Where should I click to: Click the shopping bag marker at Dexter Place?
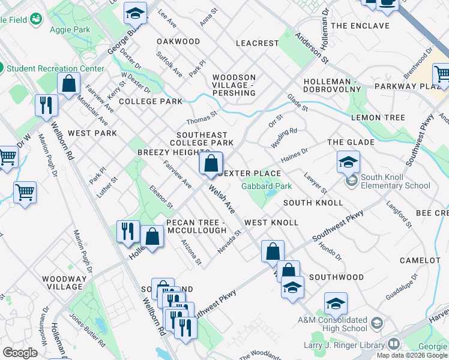click(211, 164)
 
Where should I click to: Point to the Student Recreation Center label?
click(55, 68)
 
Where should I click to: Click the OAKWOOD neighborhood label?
click(178, 41)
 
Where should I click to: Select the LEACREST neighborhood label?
click(258, 43)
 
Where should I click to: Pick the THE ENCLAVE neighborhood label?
click(360, 26)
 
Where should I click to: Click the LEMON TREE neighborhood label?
click(378, 118)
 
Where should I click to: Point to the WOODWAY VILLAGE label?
click(62, 283)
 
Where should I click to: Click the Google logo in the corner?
click(20, 353)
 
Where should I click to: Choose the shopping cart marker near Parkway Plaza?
click(441, 75)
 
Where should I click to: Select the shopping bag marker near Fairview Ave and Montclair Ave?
click(69, 85)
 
